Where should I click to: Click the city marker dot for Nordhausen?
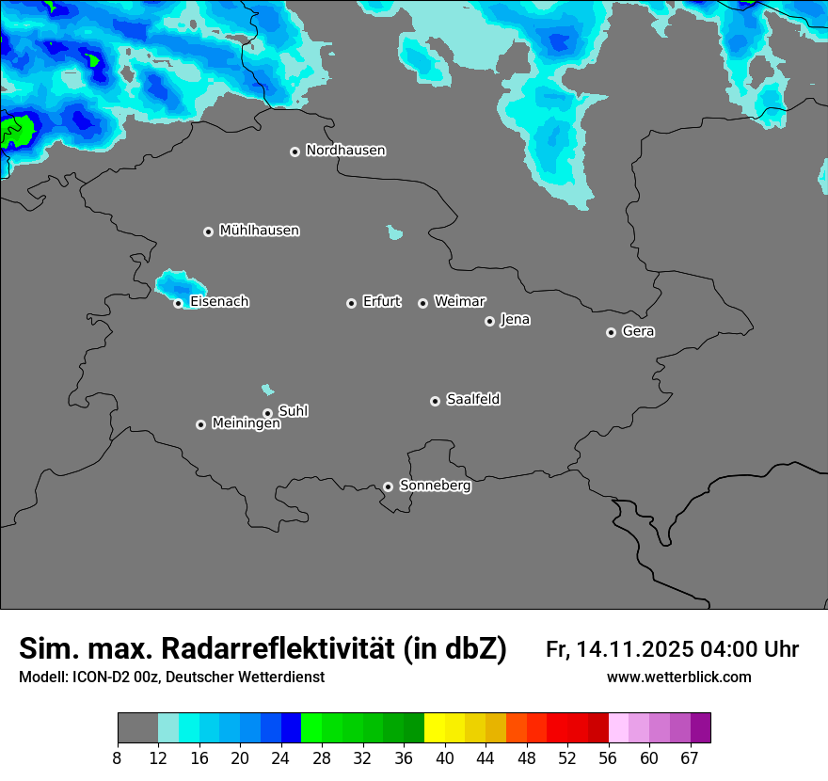coord(295,151)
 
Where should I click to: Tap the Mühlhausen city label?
coord(259,231)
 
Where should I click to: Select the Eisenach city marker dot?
coord(178,303)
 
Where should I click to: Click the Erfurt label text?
coord(381,302)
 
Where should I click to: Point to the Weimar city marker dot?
coord(422,303)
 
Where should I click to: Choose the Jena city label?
coord(515,320)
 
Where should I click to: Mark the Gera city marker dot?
coord(611,332)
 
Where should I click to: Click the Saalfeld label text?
coord(472,400)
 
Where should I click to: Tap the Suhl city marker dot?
coord(267,413)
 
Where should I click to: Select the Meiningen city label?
coord(246,424)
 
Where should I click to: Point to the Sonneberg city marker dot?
coord(388,487)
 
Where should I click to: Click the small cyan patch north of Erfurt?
coord(395,231)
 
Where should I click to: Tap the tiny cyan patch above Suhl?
coord(268,389)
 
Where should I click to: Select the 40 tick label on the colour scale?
coord(445,757)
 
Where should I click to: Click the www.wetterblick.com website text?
coord(678,677)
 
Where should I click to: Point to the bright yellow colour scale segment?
coord(434,728)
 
